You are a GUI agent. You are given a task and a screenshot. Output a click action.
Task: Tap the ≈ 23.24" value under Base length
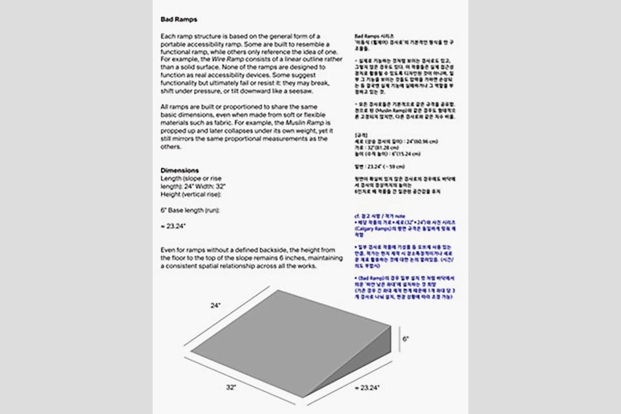pyautogui.click(x=173, y=226)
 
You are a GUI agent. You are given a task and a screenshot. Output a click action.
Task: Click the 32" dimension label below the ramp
pyautogui.click(x=231, y=386)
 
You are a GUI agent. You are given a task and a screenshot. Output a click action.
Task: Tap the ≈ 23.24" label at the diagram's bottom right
pyautogui.click(x=367, y=387)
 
